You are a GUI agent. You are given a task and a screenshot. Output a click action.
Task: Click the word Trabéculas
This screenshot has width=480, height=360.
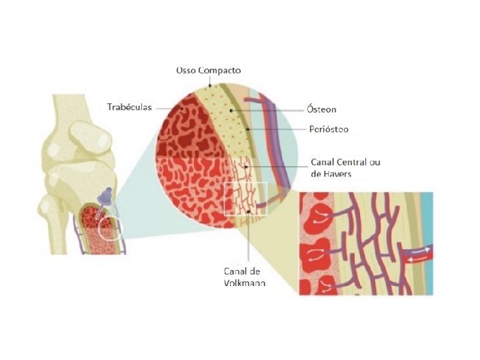(129, 107)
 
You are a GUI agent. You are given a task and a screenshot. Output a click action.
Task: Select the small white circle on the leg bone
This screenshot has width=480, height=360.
(109, 229)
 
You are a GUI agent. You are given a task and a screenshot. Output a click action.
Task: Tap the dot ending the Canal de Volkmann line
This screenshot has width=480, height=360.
(247, 211)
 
